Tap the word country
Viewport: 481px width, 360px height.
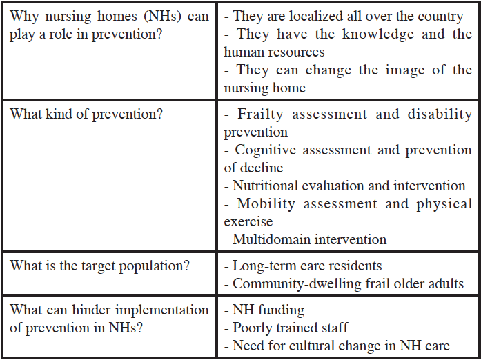tap(441, 16)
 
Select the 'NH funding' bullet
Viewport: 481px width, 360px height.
tap(268, 310)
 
